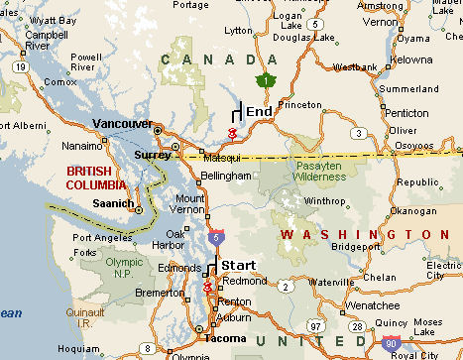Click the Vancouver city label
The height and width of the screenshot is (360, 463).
(122, 124)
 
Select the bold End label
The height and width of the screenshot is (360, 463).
(259, 112)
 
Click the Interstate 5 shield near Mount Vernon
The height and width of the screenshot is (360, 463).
(216, 237)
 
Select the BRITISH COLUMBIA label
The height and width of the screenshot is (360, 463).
(96, 178)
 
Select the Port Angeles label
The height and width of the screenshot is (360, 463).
(99, 238)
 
